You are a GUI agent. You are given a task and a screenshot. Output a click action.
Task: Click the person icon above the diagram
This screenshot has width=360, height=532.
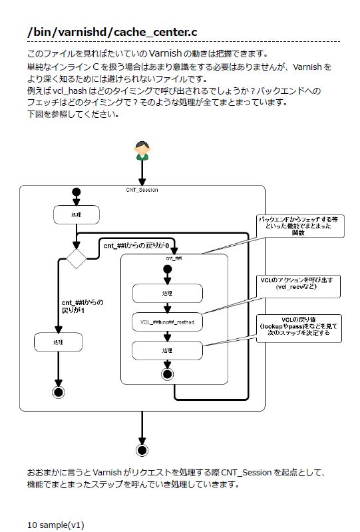point(141,150)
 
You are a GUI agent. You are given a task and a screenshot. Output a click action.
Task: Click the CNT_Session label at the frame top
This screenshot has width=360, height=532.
point(142,190)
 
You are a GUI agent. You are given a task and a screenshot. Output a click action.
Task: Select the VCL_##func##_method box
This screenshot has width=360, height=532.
point(166,322)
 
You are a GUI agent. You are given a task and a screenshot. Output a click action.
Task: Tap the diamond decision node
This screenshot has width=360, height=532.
point(77,257)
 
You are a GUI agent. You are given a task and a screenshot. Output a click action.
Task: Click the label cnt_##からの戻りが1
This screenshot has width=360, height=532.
point(82,306)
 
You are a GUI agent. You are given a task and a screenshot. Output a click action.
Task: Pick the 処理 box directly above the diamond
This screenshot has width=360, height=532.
point(76,215)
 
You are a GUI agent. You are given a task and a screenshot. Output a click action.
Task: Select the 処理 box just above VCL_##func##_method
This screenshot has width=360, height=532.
point(166,293)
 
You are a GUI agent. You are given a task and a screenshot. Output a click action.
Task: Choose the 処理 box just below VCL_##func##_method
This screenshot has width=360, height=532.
point(166,350)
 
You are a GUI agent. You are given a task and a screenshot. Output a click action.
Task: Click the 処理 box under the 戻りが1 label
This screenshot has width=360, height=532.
point(59,342)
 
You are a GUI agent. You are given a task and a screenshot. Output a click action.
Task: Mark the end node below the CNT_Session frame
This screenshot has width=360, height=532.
point(142,449)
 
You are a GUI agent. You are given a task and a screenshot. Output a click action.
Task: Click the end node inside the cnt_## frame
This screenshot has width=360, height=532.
point(166,375)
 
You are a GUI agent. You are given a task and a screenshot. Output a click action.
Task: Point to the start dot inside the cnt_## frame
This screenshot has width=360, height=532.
point(166,269)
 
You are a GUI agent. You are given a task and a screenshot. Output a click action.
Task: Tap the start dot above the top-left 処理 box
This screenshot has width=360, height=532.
point(76,192)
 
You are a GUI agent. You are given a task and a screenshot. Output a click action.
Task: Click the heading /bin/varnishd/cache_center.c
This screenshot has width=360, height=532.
point(112,32)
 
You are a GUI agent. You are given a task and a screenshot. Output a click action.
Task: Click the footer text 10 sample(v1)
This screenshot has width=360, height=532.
point(56,525)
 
